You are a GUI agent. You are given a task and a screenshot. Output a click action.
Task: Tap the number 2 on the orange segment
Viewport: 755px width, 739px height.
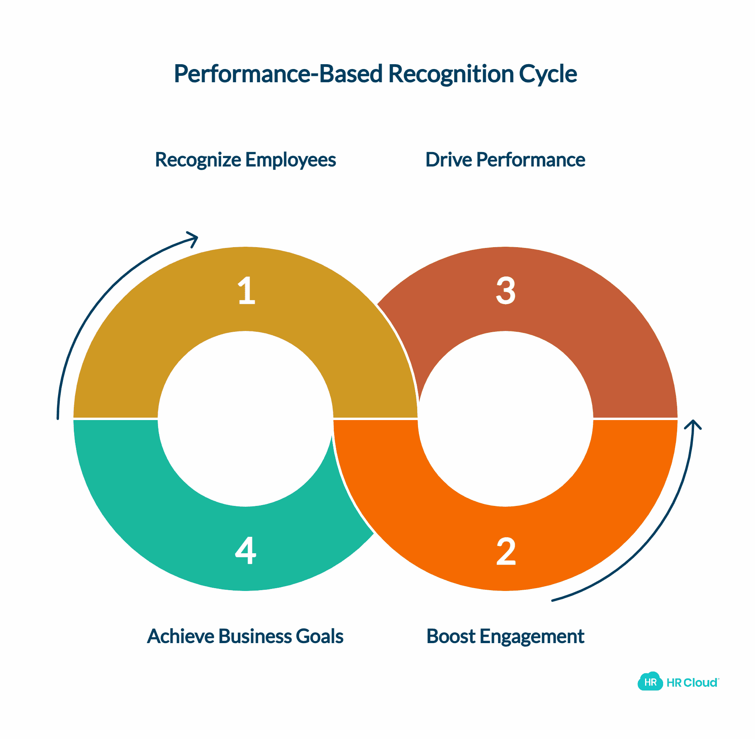coord(506,551)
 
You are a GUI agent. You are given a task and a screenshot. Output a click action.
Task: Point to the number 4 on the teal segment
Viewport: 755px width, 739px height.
coord(246,550)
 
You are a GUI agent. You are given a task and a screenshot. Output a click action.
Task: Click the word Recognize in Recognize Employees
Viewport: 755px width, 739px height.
coord(198,160)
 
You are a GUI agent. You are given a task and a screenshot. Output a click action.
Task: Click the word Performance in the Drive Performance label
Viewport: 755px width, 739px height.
coord(531,160)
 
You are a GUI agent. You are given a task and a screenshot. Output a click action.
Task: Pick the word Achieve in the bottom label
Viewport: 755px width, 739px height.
coord(181,636)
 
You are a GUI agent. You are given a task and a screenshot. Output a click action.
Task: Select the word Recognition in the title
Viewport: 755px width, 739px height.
coord(451,74)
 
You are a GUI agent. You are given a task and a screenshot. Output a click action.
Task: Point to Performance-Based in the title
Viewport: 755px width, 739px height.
coord(278,74)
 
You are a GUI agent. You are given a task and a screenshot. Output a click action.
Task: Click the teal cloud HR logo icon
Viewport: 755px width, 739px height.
coord(650,682)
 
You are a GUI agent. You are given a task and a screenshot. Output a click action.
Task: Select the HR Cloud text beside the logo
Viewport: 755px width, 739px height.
coord(692,682)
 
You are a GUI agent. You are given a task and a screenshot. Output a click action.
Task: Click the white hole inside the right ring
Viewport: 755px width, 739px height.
coord(505,418)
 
